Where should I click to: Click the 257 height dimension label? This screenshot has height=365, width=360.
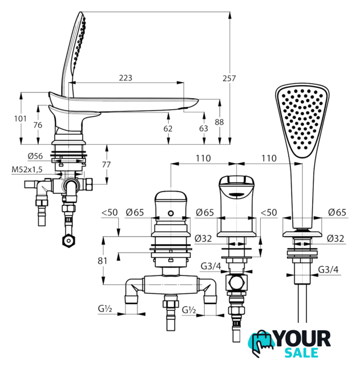pyautogui.click(x=229, y=78)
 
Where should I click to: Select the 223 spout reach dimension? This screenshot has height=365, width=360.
pyautogui.click(x=126, y=78)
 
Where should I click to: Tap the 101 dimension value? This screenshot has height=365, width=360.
pyautogui.click(x=21, y=119)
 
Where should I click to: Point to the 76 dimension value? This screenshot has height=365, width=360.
pyautogui.click(x=38, y=125)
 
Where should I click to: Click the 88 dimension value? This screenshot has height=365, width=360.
pyautogui.click(x=219, y=122)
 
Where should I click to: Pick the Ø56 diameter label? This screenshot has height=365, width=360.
pyautogui.click(x=35, y=156)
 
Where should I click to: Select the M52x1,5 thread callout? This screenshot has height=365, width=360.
pyautogui.click(x=27, y=169)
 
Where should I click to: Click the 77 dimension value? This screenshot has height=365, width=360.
pyautogui.click(x=107, y=165)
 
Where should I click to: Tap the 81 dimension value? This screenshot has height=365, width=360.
pyautogui.click(x=102, y=261)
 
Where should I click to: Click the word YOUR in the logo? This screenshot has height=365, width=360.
pyautogui.click(x=303, y=339)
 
